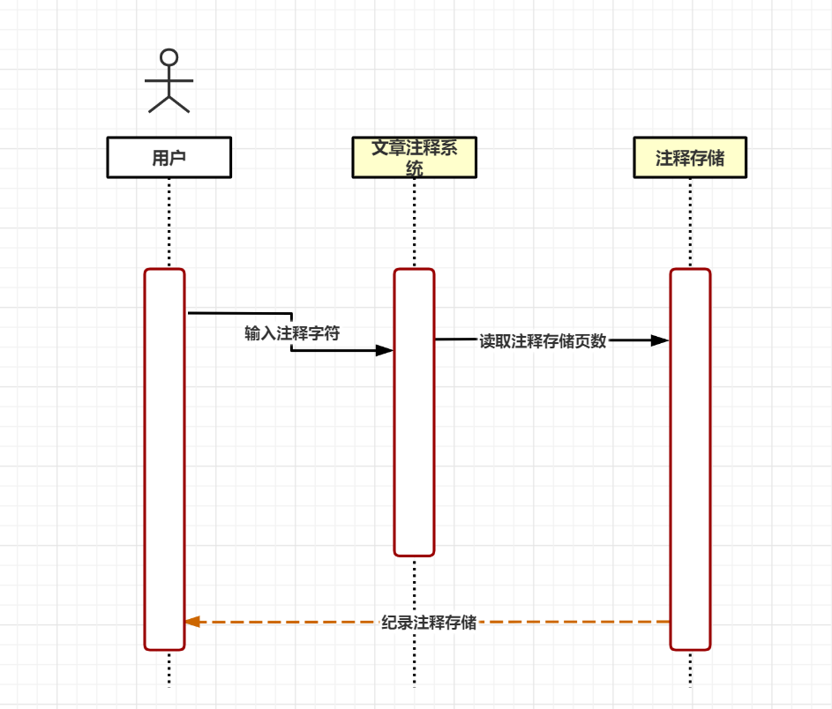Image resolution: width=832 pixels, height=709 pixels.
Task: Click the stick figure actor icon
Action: tap(169, 81)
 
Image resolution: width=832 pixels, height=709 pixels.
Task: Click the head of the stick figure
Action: tap(169, 57)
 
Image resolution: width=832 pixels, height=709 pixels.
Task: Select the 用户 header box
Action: tap(169, 158)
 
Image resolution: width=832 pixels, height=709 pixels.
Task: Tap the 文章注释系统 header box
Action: tap(414, 158)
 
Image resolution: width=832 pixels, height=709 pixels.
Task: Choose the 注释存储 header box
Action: tap(690, 158)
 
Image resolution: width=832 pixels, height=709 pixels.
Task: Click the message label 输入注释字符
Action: tap(292, 333)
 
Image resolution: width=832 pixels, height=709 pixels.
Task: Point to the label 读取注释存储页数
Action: tap(543, 341)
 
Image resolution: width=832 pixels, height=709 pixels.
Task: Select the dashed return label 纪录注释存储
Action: tap(429, 623)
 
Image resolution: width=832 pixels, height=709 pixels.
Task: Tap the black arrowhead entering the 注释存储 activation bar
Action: tap(659, 340)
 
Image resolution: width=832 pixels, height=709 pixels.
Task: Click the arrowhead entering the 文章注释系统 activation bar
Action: tap(384, 350)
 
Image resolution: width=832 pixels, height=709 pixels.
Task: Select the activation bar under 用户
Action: tap(165, 459)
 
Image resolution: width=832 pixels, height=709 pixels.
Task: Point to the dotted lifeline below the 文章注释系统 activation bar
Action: tap(414, 617)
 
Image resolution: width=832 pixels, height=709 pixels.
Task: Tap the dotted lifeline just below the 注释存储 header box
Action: tap(690, 220)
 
